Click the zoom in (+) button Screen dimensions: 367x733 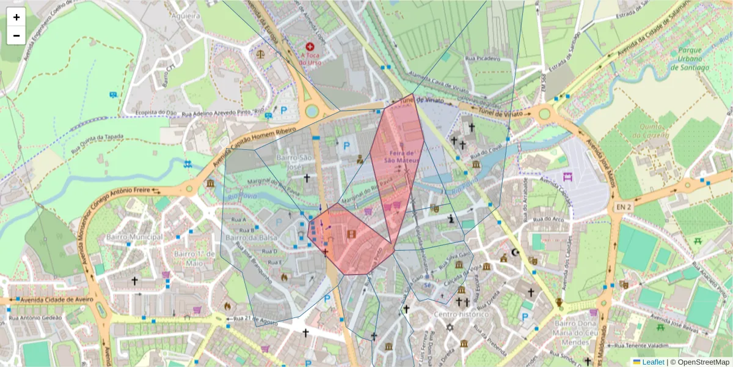[16, 17]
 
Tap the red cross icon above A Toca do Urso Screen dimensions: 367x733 [310, 46]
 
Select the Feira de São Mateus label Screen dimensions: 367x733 [400, 156]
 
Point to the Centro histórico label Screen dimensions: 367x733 [462, 314]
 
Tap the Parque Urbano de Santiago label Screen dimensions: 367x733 [689, 59]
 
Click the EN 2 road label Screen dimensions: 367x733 [624, 209]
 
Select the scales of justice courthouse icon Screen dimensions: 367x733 [261, 53]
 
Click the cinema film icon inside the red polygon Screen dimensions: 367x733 [351, 234]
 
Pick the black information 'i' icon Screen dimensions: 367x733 [451, 218]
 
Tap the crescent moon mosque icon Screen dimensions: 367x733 [516, 252]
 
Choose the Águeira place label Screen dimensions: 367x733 [186, 16]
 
